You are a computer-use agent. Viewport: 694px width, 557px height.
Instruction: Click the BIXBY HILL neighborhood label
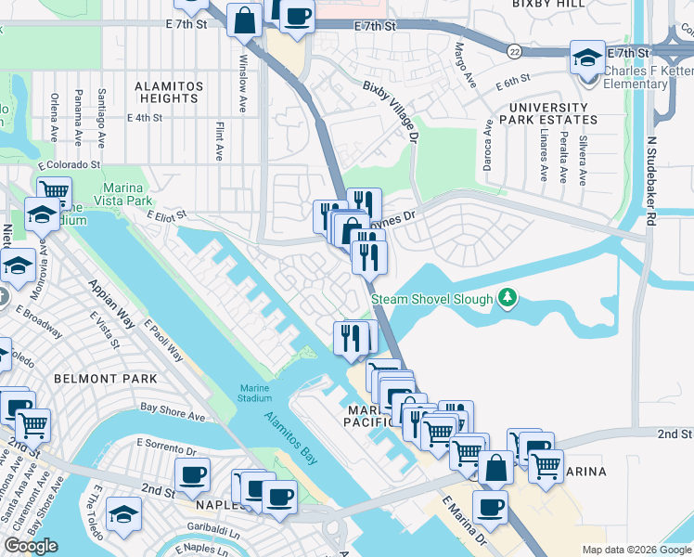pyautogui.click(x=547, y=5)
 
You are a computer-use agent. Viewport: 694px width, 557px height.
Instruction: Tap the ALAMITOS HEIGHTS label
pyautogui.click(x=169, y=92)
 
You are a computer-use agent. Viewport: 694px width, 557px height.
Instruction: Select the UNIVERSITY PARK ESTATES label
pyautogui.click(x=547, y=113)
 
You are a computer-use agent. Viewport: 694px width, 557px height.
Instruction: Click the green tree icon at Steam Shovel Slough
pyautogui.click(x=507, y=298)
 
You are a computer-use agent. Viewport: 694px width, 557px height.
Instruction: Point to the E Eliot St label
pyautogui.click(x=166, y=214)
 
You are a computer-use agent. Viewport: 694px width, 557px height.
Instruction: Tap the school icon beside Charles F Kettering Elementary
pyautogui.click(x=587, y=58)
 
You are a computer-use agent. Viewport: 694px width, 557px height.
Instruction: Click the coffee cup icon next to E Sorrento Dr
pyautogui.click(x=192, y=474)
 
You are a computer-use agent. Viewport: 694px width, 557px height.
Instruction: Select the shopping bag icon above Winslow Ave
pyautogui.click(x=244, y=19)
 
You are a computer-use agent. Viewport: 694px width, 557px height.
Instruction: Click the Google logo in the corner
pyautogui.click(x=32, y=546)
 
